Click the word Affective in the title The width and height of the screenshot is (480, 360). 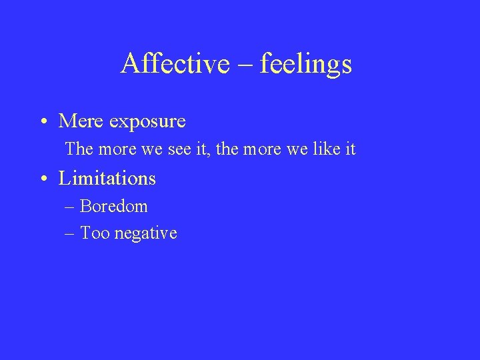pyautogui.click(x=170, y=63)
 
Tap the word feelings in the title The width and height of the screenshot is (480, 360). pyautogui.click(x=306, y=63)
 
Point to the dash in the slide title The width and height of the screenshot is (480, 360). pyautogui.click(x=244, y=65)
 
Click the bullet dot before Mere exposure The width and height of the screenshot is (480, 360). pyautogui.click(x=42, y=122)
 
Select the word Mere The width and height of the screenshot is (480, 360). pyautogui.click(x=81, y=121)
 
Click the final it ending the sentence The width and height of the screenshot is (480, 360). pyautogui.click(x=351, y=149)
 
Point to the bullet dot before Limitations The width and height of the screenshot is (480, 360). pyautogui.click(x=42, y=179)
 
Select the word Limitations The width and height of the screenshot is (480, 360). pyautogui.click(x=107, y=179)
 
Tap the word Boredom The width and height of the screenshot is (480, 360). pyautogui.click(x=114, y=207)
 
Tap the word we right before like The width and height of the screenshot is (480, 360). pyautogui.click(x=301, y=149)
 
